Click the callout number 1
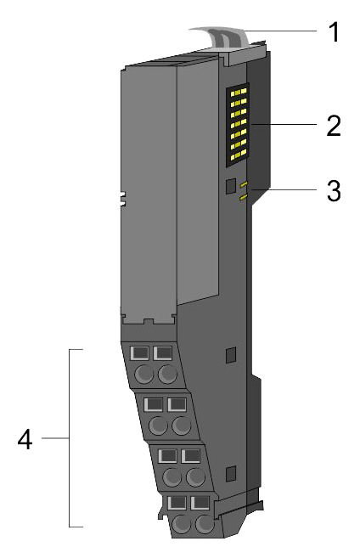[334, 32]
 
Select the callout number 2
[334, 126]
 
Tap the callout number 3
[334, 191]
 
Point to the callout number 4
[25, 439]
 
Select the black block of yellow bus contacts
[238, 125]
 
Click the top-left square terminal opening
[140, 353]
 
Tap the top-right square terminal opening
[163, 353]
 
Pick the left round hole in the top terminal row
[144, 374]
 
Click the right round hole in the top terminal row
[167, 374]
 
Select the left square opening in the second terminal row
[154, 404]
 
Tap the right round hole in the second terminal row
[181, 426]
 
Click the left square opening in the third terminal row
[167, 455]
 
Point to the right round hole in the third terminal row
[195, 476]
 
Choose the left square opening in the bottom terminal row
[177, 503]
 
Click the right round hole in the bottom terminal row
[205, 524]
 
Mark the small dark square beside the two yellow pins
[231, 187]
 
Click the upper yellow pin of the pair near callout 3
[244, 184]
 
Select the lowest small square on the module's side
[231, 473]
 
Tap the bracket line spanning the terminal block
[70, 438]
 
